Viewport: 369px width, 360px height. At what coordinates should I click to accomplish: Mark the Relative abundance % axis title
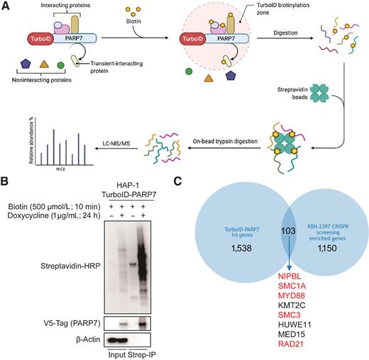click(x=31, y=137)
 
